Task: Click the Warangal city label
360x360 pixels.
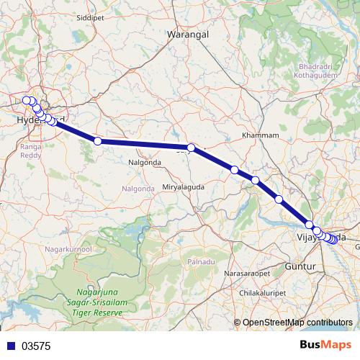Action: tap(187, 34)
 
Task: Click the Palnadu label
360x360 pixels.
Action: tap(201, 261)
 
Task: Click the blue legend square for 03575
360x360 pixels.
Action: tap(9, 346)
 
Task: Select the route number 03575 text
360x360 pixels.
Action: tap(37, 346)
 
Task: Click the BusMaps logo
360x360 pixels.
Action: tap(325, 345)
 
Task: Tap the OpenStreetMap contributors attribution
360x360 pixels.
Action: tap(298, 322)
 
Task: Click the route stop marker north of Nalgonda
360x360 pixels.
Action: tap(98, 141)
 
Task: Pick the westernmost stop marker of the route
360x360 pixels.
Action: tap(27, 100)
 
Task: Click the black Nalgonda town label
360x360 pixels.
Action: tap(145, 163)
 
